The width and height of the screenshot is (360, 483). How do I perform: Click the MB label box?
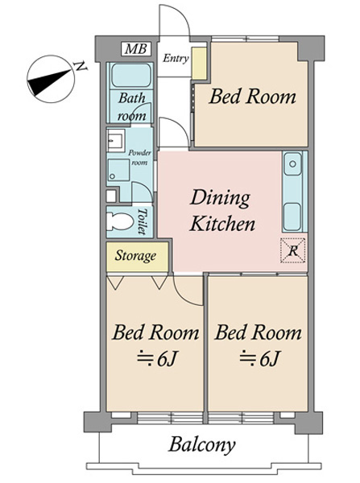(x=137, y=49)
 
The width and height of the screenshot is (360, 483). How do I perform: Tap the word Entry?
(x=176, y=58)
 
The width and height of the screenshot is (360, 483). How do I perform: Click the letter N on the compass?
(x=81, y=66)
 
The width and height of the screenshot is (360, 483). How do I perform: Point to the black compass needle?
(x=49, y=82)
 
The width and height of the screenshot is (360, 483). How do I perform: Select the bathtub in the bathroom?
(x=131, y=76)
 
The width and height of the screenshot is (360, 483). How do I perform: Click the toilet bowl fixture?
(x=119, y=221)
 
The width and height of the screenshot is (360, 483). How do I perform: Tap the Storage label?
(x=135, y=256)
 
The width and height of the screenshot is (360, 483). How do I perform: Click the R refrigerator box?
(x=293, y=250)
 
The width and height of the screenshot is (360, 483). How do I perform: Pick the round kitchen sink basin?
(x=292, y=163)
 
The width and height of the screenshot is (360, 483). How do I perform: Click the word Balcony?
(x=202, y=445)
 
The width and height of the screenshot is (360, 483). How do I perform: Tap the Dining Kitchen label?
(x=222, y=211)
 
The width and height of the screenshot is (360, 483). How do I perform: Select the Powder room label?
(x=140, y=157)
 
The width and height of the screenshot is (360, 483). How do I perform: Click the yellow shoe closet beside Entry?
(x=199, y=63)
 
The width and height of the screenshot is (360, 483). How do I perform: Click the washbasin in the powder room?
(x=116, y=140)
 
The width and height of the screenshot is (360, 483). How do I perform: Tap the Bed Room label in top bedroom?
(x=252, y=97)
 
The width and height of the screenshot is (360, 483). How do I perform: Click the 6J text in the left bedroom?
(x=157, y=358)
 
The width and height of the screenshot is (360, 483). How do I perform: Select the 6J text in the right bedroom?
(x=259, y=358)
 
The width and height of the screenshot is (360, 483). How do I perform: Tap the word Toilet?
(x=142, y=221)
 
